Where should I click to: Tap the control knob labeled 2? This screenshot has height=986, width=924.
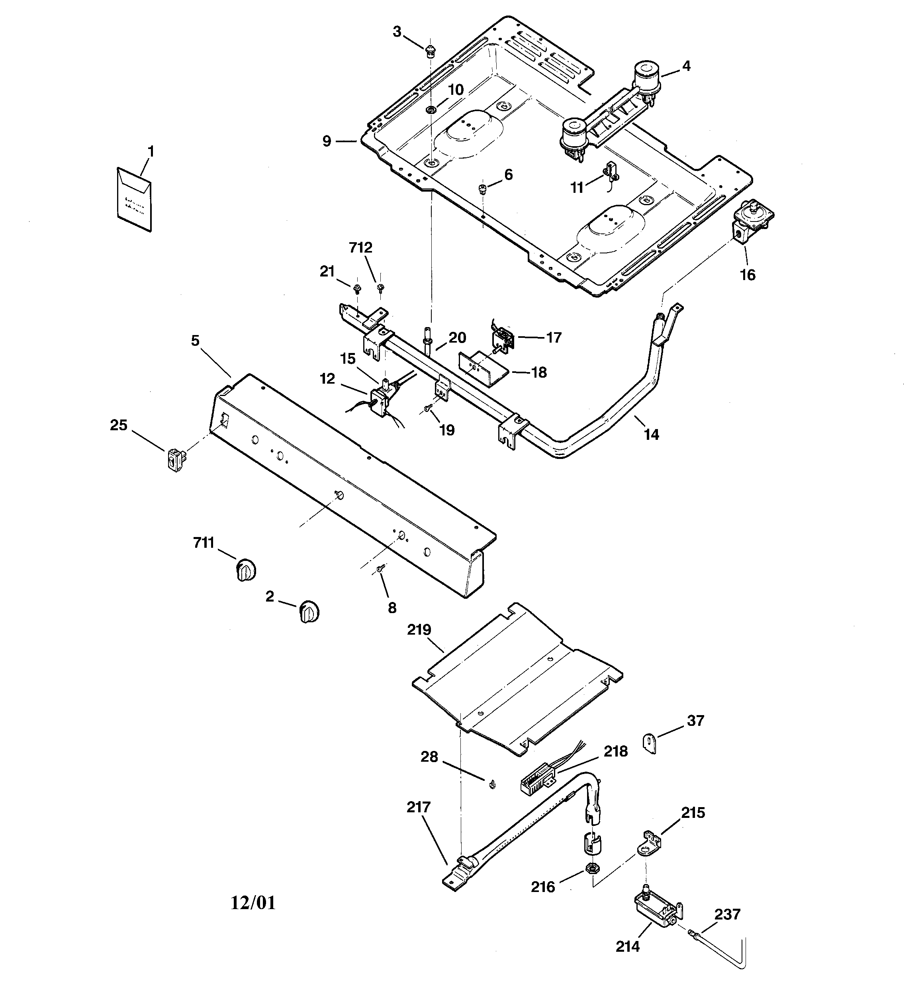309,613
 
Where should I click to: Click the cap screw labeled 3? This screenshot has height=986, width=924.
431,50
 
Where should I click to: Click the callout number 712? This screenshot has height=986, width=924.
360,248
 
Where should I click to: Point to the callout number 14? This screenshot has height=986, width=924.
651,435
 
